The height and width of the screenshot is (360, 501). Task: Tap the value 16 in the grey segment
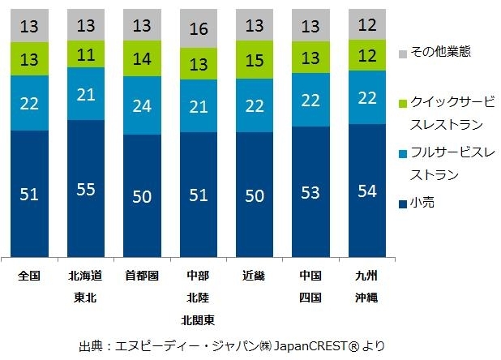coord(199,30)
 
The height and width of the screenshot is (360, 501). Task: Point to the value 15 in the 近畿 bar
coord(255,62)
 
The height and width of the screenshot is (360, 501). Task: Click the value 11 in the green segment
coord(87,55)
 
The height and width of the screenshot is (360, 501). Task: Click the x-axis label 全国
coord(30,276)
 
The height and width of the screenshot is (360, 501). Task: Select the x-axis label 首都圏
coord(143,276)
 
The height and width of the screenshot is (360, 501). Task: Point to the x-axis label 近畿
coord(255,276)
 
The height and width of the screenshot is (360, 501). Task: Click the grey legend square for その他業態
coord(404,53)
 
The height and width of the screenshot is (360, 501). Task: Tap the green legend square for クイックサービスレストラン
coord(404,102)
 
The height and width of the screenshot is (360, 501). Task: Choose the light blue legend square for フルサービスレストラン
coord(404,152)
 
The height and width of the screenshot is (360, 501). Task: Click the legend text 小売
coord(424,202)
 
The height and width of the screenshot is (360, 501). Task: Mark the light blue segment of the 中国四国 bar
coord(311,99)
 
